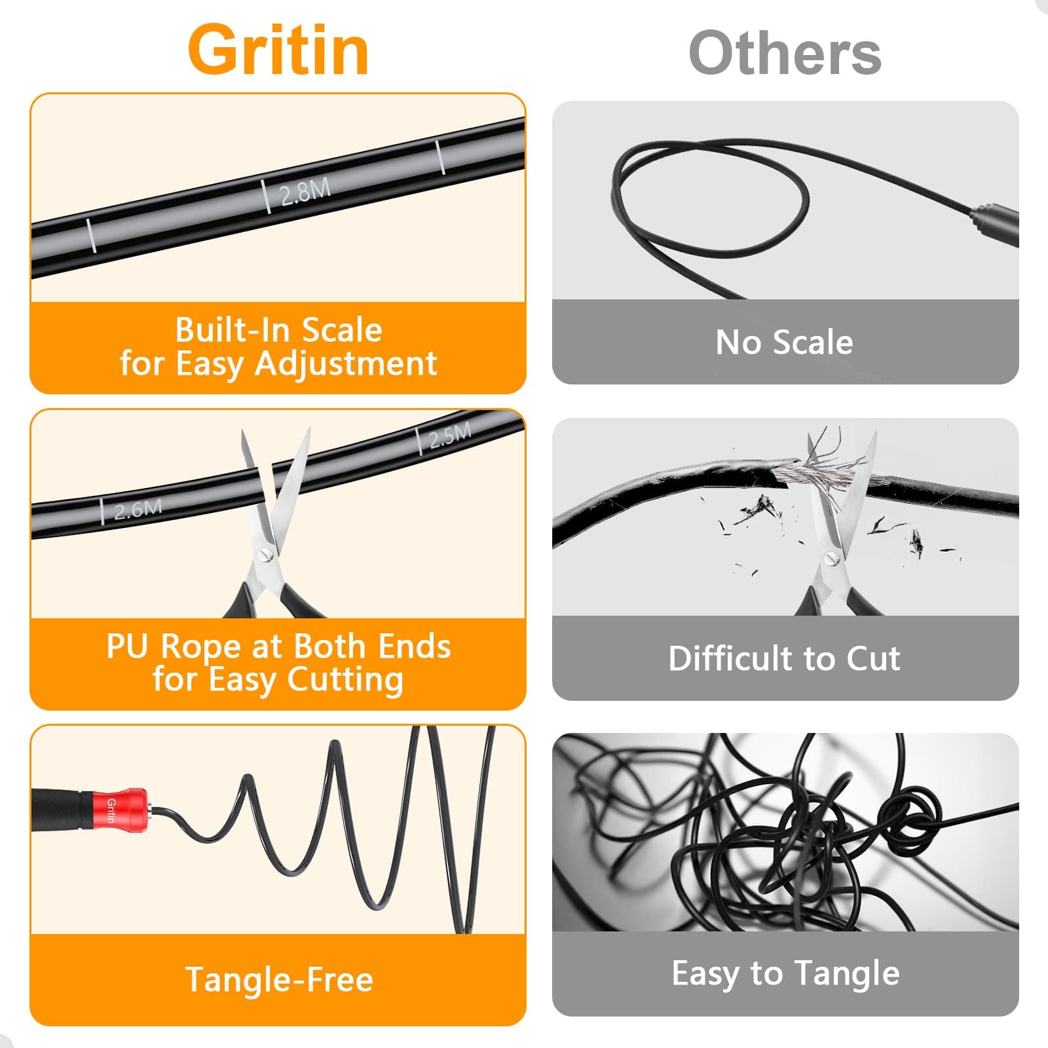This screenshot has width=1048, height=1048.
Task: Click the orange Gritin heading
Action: click(x=278, y=50)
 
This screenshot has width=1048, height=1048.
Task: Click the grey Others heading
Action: click(x=785, y=53)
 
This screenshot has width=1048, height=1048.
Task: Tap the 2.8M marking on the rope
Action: click(x=305, y=191)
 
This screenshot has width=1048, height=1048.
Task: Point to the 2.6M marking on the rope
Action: click(x=138, y=509)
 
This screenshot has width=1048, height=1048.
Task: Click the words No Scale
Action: click(x=785, y=342)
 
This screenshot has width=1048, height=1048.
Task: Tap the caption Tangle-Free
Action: click(x=279, y=980)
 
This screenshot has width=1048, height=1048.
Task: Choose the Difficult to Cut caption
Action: click(x=785, y=658)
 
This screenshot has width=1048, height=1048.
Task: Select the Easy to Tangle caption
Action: click(x=785, y=974)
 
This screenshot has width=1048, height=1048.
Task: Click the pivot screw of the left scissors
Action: click(x=266, y=554)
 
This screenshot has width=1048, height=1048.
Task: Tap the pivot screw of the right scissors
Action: click(x=833, y=559)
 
